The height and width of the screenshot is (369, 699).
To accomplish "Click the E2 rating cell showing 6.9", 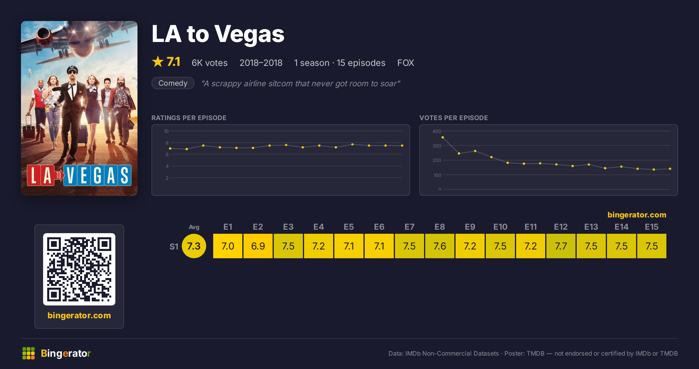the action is pos(258,246).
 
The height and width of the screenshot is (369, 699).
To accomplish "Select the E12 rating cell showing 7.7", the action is pos(561,246).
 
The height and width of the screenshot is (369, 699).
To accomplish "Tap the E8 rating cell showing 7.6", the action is pos(440,246).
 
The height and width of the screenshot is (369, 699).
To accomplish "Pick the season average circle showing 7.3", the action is pos(194,246).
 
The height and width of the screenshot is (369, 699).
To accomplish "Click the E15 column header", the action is pos(652,227).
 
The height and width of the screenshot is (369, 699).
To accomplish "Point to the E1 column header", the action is pos(228,227).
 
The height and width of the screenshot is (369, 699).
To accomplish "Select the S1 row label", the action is pos(174,247).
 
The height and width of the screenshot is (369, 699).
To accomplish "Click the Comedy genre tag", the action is pos(173,83).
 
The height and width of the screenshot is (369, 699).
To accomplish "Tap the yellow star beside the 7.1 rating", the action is pos(158,61).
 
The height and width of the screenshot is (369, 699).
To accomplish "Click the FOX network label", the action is pos(406,63).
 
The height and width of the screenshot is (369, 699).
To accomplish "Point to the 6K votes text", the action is pos(210,63).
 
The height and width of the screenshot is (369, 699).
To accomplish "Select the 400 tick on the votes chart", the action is pos(437,131).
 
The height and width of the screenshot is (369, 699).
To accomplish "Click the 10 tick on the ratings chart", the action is pos(166,131).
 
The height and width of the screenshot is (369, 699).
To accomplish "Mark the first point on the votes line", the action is pos(443,137).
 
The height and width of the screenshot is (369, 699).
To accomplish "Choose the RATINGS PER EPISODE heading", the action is pos(189,118).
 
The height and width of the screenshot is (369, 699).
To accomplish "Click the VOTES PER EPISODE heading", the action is pos(454,118).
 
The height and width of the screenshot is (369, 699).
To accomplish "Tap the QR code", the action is pos(79,269).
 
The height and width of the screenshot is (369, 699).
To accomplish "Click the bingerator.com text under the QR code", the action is pos(79,315).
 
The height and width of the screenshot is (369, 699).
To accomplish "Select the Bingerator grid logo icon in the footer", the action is pos(29,353).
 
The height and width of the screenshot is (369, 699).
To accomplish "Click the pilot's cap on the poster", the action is pos(72,69).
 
